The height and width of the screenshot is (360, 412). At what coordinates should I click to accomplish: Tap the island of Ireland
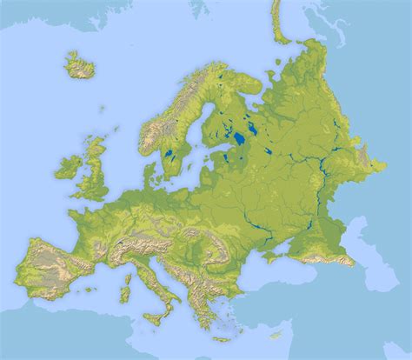[69, 165]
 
